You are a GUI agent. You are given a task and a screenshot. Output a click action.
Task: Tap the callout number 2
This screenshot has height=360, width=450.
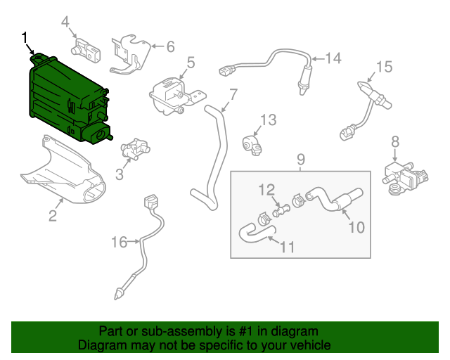53,216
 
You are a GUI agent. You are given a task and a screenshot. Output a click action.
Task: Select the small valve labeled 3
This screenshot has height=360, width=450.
135,148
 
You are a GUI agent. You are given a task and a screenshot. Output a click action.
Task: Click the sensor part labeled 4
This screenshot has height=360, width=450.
86,51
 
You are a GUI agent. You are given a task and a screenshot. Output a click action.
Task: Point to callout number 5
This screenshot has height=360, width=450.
191,63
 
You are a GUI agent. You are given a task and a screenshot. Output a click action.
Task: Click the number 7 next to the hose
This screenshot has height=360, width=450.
233,94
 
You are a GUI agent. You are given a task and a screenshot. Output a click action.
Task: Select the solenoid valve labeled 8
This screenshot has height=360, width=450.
405,178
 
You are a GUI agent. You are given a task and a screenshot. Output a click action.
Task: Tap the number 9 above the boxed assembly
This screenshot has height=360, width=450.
300,160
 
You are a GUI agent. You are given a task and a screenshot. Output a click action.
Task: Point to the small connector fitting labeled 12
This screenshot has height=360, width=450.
280,211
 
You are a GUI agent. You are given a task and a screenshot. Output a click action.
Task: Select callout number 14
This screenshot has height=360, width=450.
333,58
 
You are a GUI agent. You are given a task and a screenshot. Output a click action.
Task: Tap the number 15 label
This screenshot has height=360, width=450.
384,67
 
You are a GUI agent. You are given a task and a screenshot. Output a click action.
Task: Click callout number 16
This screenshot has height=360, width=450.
119,242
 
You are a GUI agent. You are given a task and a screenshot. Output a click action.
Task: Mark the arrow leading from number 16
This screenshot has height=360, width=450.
134,242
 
